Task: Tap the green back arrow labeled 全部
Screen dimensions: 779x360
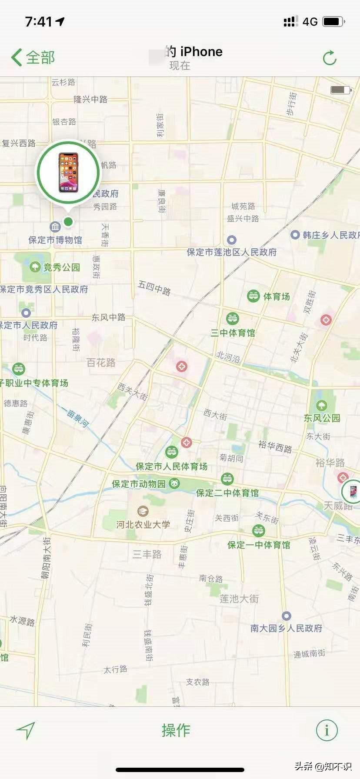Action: pos(33,57)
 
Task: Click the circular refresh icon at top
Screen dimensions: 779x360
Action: pos(330,58)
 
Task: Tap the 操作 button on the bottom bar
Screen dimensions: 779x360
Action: pos(176,730)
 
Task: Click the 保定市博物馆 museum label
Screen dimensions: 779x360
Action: pos(55,240)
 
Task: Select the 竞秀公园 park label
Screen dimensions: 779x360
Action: pos(61,267)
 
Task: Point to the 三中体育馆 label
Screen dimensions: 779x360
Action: pos(233,333)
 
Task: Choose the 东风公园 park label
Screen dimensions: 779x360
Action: pos(322,418)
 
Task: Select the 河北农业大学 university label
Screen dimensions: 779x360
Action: pos(143,524)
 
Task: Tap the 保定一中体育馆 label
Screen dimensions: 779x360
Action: pos(259,545)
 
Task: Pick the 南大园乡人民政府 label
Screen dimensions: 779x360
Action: pos(286,628)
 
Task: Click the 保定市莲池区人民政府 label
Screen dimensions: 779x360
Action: pos(232,252)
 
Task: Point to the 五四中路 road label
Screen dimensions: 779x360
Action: pos(154,288)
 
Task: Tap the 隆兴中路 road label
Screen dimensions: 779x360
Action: pos(90,99)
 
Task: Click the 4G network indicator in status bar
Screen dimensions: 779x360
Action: pos(310,21)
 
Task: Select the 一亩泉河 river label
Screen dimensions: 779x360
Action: pos(75,418)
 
